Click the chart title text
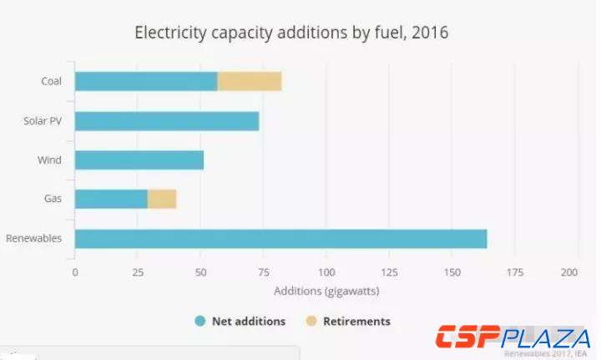pyautogui.click(x=291, y=33)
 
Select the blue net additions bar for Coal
pyautogui.click(x=146, y=81)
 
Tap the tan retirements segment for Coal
pyautogui.click(x=250, y=81)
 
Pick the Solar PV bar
pyautogui.click(x=167, y=120)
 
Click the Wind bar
pyautogui.click(x=139, y=160)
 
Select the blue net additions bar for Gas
pyautogui.click(x=111, y=199)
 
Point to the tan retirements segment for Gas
pyautogui.click(x=162, y=199)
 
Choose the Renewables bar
pyautogui.click(x=280, y=238)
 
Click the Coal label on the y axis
pyautogui.click(x=52, y=81)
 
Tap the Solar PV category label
pyautogui.click(x=43, y=120)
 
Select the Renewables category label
pyautogui.click(x=34, y=238)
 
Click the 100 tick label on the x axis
pyautogui.click(x=326, y=273)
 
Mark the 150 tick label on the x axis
pyautogui.click(x=452, y=273)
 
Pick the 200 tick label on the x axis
pyautogui.click(x=569, y=273)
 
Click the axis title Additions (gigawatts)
pyautogui.click(x=326, y=291)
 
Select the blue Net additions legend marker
pyautogui.click(x=199, y=321)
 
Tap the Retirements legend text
pyautogui.click(x=356, y=321)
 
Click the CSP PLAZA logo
pyautogui.click(x=513, y=337)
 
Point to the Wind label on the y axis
pyautogui.click(x=49, y=160)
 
